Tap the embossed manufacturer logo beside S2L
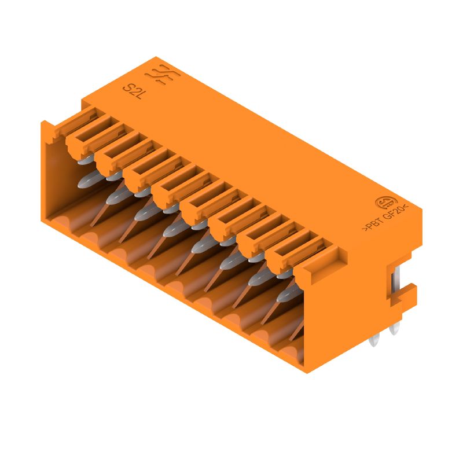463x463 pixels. point(160,75)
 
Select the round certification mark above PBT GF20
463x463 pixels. point(384,203)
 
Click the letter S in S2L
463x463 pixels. point(128,89)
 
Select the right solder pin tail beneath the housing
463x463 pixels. point(395,330)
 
